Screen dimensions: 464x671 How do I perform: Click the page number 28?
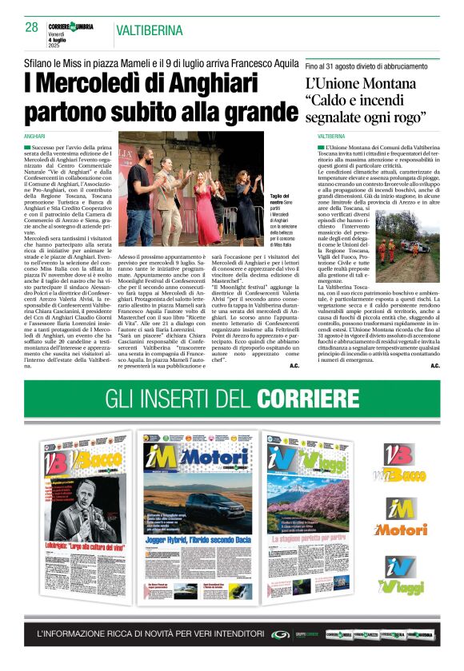[x=32, y=28]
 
